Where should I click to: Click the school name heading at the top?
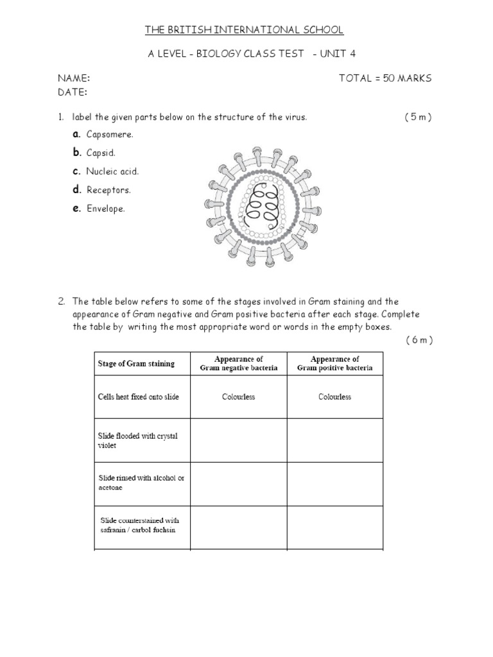click(x=244, y=30)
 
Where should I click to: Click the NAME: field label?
click(x=74, y=78)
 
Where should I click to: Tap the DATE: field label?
click(x=73, y=92)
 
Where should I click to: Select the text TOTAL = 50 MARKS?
click(x=385, y=78)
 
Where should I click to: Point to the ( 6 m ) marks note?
click(x=419, y=340)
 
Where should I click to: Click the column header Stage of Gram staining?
click(x=136, y=364)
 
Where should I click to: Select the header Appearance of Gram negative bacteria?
click(x=238, y=364)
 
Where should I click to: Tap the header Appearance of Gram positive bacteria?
click(x=334, y=364)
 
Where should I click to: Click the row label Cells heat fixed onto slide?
click(x=138, y=397)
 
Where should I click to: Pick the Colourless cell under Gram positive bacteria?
click(x=334, y=397)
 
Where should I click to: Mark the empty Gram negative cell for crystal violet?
click(x=238, y=441)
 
